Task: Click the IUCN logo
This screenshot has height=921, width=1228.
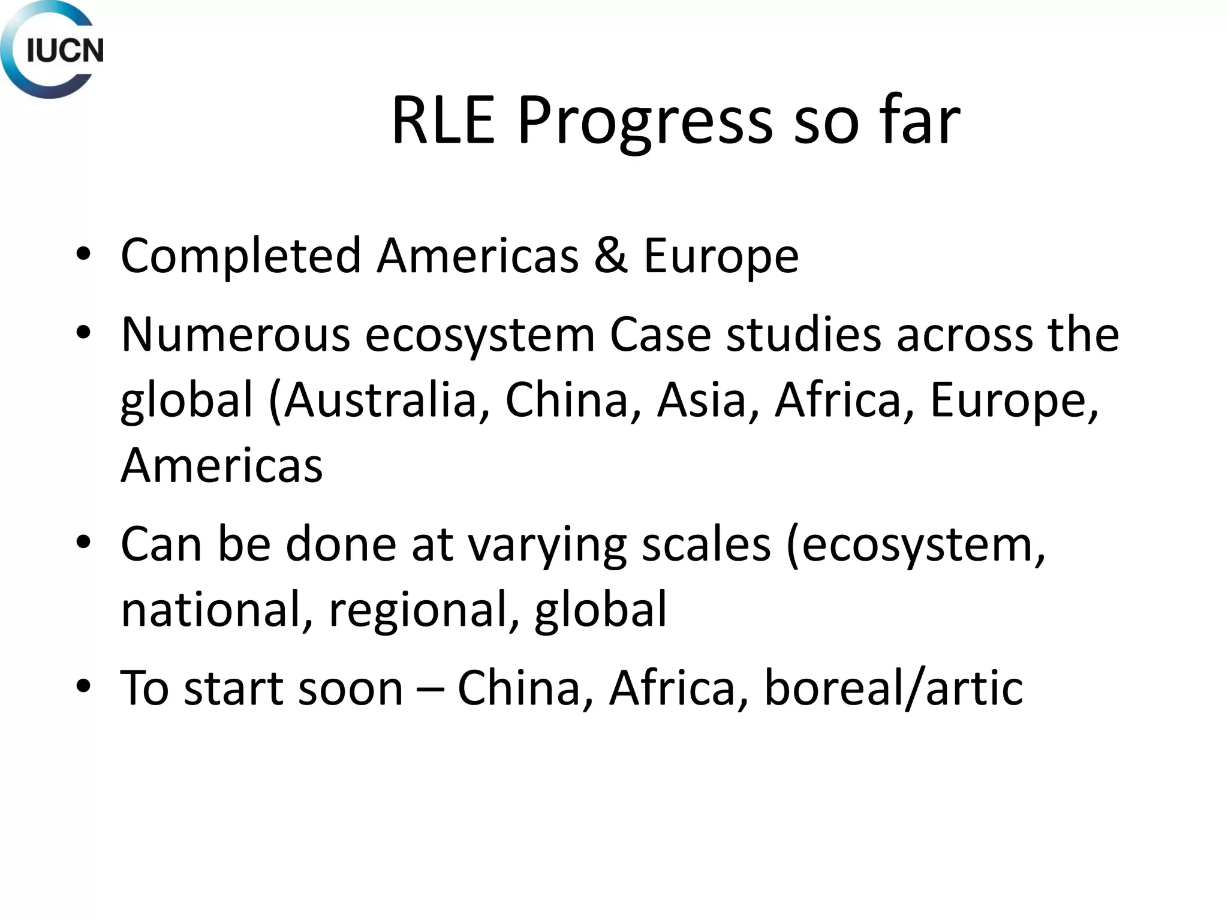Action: [x=52, y=50]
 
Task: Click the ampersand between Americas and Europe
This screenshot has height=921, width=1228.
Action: [x=611, y=255]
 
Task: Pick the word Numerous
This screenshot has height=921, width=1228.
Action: [x=236, y=335]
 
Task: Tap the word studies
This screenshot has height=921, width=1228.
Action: [x=804, y=335]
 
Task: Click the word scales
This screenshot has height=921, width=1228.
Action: [x=706, y=544]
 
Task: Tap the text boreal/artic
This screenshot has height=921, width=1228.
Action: [x=893, y=688]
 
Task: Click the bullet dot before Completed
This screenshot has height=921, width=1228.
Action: [x=83, y=254]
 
